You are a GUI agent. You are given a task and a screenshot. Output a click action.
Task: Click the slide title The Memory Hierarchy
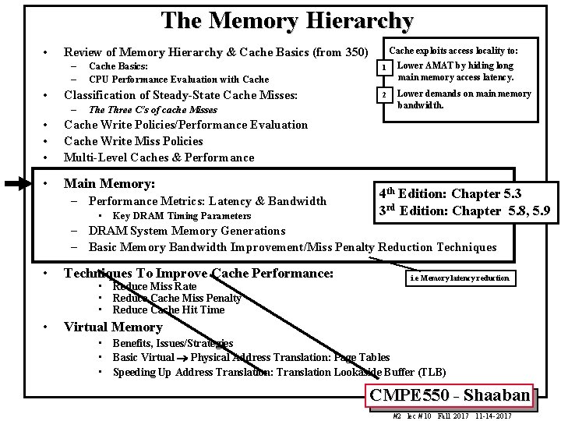coord(287,21)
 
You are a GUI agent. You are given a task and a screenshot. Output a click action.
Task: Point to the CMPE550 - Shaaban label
coord(450,395)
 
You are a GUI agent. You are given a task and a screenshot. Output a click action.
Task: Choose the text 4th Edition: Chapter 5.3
coord(450,193)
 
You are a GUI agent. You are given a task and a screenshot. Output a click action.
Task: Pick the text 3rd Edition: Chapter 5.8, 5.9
coord(464,210)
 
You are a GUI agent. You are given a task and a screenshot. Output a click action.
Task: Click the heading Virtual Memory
coord(113,327)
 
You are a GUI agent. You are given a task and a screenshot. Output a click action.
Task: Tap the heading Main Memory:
coord(109,184)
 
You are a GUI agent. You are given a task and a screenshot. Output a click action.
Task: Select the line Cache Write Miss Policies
coord(133,141)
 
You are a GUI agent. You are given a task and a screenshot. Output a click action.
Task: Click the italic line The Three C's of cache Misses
coord(153,110)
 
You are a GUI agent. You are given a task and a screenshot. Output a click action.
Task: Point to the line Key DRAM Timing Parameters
coord(182,216)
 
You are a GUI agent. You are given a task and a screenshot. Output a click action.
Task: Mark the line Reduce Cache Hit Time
coord(168,310)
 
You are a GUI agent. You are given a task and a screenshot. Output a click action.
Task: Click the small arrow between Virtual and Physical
coord(182,359)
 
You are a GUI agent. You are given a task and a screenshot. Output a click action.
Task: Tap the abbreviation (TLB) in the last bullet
coord(432,372)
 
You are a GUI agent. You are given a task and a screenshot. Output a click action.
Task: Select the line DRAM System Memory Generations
coord(187,231)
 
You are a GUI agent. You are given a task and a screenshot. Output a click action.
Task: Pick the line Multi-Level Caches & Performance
coord(159,157)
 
